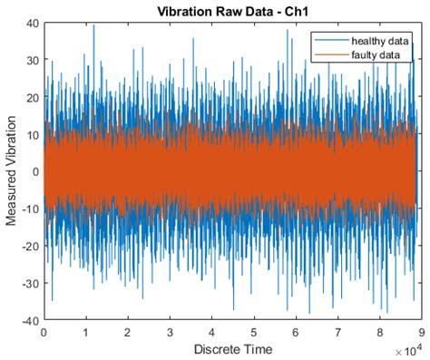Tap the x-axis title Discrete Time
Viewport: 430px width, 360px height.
pyautogui.click(x=230, y=348)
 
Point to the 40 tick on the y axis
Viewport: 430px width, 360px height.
pyautogui.click(x=32, y=24)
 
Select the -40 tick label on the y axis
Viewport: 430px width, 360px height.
pyautogui.click(x=29, y=320)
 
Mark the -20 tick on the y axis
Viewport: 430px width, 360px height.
pyautogui.click(x=29, y=246)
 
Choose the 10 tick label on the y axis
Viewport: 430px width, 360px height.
pyautogui.click(x=32, y=135)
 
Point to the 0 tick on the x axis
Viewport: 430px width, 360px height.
pyautogui.click(x=44, y=331)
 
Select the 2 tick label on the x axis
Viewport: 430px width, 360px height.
pyautogui.click(x=128, y=331)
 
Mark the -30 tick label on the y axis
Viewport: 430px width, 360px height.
pyautogui.click(x=29, y=283)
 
